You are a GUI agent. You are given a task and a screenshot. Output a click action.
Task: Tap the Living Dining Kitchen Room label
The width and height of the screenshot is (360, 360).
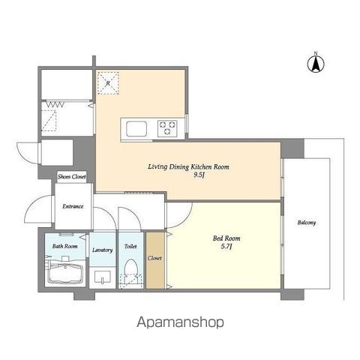[188, 166]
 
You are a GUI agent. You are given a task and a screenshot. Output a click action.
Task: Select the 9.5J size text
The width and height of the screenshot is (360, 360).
[199, 175]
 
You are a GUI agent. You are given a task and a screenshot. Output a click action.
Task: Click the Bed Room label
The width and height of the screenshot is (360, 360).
[226, 238]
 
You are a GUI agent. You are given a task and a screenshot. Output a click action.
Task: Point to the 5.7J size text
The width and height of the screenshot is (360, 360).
[226, 247]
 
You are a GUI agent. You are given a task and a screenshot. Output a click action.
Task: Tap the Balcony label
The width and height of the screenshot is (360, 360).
[307, 223]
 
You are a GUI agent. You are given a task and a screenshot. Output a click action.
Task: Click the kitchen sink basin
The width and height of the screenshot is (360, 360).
[136, 129]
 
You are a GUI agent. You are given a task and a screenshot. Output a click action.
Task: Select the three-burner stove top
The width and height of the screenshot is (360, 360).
[167, 128]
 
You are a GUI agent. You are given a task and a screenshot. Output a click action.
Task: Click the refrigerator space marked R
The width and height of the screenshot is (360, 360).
[108, 83]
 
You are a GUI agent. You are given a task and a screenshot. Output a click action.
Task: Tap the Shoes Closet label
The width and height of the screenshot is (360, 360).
[72, 177]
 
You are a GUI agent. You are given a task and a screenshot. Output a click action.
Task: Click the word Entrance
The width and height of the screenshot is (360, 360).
[73, 206]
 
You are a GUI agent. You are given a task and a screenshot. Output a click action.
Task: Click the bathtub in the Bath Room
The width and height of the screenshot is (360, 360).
[65, 274]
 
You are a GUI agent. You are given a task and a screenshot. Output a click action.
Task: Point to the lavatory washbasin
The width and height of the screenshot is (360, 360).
[103, 277]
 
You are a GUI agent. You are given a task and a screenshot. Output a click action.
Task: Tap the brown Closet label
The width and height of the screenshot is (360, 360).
[154, 258]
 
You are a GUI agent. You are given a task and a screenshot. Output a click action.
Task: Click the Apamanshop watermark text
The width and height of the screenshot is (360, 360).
[180, 322]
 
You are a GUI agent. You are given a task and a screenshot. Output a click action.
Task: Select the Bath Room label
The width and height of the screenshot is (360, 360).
[65, 246]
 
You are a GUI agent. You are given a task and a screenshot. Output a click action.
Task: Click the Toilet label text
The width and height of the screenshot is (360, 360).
[130, 246]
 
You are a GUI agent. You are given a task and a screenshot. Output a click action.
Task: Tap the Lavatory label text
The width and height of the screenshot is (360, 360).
[103, 250]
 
